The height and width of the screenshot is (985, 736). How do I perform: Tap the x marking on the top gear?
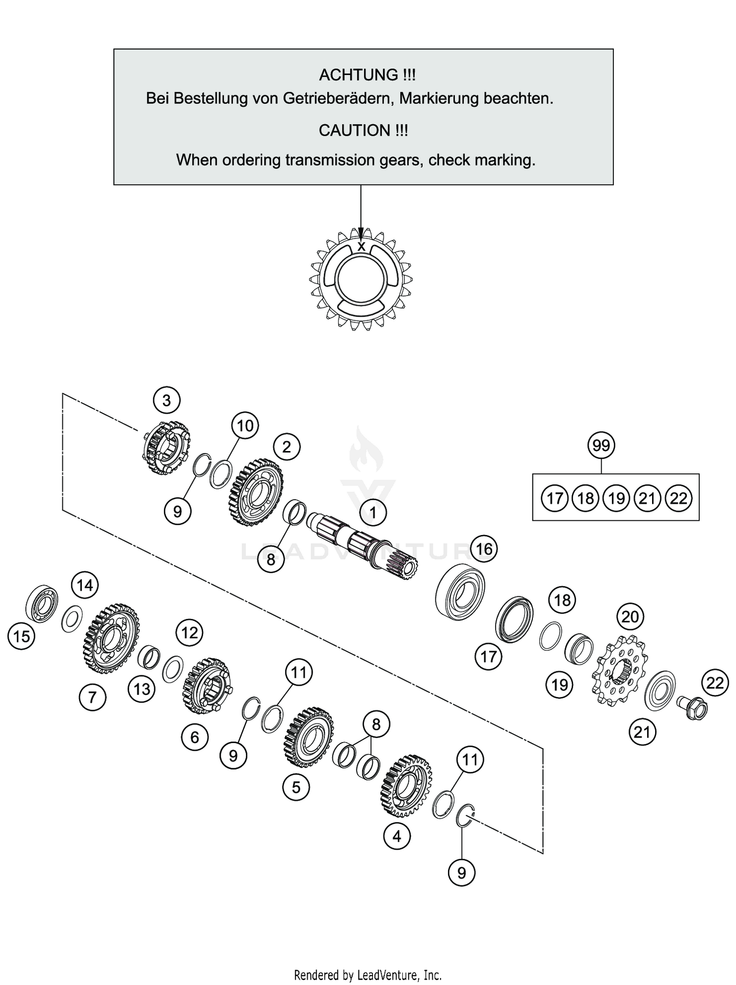tap(361, 246)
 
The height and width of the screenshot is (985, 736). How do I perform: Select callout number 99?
tap(601, 446)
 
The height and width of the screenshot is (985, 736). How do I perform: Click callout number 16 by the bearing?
tap(484, 549)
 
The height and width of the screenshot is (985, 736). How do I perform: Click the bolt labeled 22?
tap(694, 708)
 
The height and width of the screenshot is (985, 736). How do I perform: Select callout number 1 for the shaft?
tap(373, 513)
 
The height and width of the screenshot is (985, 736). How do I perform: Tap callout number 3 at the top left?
tap(166, 400)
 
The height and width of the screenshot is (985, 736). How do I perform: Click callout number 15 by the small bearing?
tap(22, 637)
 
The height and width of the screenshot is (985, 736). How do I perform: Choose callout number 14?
tap(85, 585)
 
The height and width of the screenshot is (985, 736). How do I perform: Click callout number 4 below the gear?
tap(396, 836)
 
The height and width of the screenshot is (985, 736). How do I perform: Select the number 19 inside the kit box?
tap(616, 499)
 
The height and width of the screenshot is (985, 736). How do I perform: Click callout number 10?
tap(245, 426)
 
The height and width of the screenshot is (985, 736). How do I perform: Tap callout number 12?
tap(189, 633)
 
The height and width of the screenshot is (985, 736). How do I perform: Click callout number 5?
tap(296, 788)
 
